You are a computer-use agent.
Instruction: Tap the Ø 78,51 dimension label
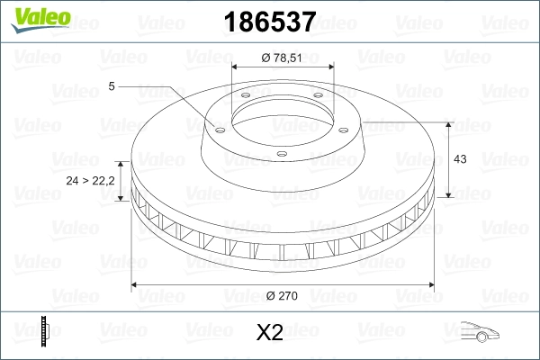[283, 57]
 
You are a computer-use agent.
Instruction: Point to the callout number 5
[111, 86]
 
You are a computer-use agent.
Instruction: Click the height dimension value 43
[460, 159]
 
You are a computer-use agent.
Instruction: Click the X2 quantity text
[269, 333]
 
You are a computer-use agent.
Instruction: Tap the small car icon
[476, 332]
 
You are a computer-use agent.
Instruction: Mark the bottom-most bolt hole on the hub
[282, 154]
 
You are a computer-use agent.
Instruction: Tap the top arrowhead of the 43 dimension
[448, 121]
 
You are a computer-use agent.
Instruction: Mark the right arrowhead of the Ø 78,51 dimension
[330, 67]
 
